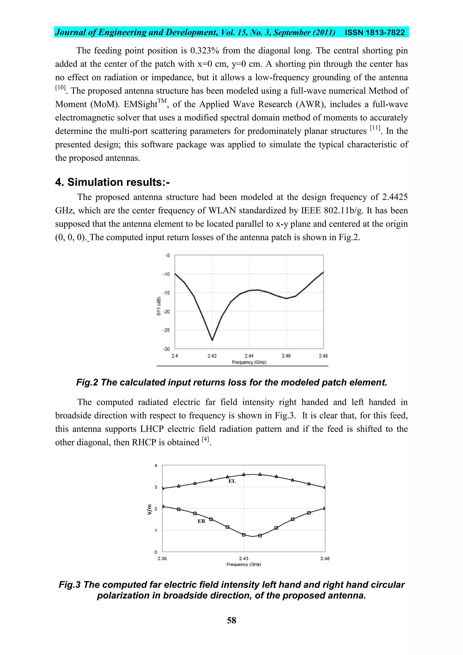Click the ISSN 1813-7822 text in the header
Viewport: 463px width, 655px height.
[375, 33]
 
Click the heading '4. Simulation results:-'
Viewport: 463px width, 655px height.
[112, 182]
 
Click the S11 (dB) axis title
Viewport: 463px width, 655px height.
[159, 306]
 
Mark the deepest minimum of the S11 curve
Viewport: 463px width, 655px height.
[212, 340]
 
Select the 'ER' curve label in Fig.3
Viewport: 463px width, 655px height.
[201, 521]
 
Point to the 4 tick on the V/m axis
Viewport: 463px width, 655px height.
[156, 466]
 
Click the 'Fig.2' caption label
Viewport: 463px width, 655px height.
[87, 382]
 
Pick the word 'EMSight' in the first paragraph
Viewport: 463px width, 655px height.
[140, 104]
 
